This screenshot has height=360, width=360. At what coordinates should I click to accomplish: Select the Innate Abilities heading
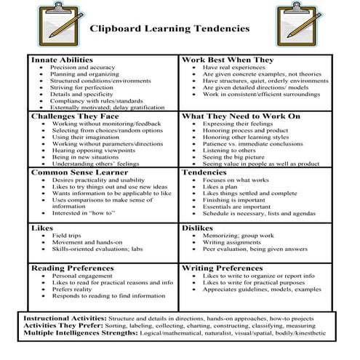[63, 59]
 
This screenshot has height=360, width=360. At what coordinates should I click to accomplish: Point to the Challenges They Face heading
[73, 116]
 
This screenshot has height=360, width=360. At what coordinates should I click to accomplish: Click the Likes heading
[43, 228]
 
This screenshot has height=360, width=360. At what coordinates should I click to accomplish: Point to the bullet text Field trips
[67, 236]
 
